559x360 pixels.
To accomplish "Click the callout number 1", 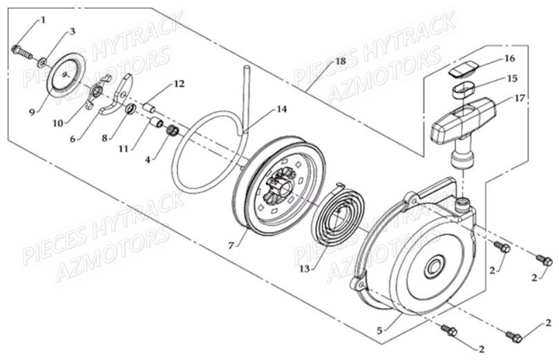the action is pyautogui.click(x=44, y=20).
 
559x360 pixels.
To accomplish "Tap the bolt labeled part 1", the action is pyautogui.click(x=22, y=52).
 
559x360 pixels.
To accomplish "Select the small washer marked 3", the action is pyautogui.click(x=41, y=64).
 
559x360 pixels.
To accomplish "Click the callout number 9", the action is pyautogui.click(x=32, y=112).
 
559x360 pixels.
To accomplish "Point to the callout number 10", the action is pyautogui.click(x=58, y=123).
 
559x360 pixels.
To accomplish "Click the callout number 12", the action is pyautogui.click(x=180, y=84).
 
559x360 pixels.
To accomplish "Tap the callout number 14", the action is pyautogui.click(x=282, y=109).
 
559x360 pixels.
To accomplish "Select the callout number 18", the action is pyautogui.click(x=341, y=61).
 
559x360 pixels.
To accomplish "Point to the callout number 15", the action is pyautogui.click(x=512, y=78).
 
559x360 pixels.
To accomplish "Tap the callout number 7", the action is pyautogui.click(x=231, y=245).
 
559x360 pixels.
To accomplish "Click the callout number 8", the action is pyautogui.click(x=104, y=138).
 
